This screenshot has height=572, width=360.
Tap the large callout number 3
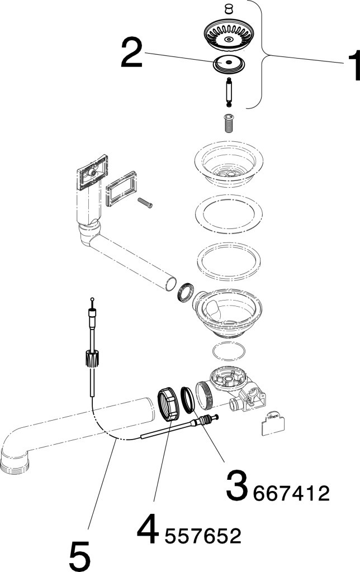click(237, 486)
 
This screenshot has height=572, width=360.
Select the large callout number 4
click(148, 530)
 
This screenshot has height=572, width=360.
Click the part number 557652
click(202, 537)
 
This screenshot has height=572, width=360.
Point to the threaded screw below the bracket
click(229, 122)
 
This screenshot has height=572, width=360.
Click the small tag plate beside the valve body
click(272, 425)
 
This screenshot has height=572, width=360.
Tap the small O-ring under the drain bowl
click(229, 352)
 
